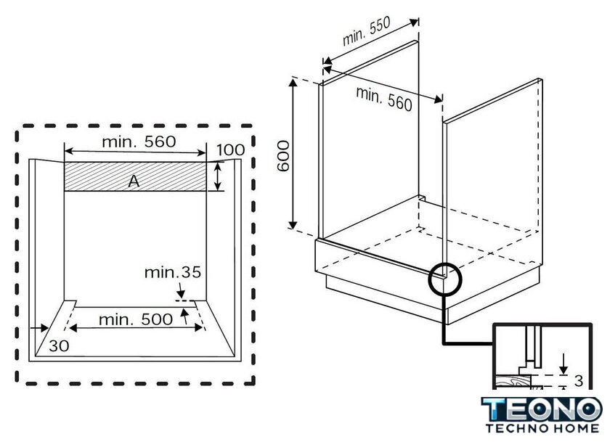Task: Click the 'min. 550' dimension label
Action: [x=367, y=34]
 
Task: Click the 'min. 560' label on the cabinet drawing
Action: [x=384, y=98]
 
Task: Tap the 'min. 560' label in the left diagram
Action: [x=138, y=142]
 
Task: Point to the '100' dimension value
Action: [x=230, y=150]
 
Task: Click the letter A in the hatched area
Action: [x=133, y=182]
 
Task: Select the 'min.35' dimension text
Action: [x=172, y=273]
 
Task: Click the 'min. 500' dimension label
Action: [x=136, y=319]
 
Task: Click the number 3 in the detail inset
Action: [x=578, y=380]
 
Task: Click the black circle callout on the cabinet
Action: [x=444, y=278]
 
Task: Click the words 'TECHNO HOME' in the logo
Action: [x=542, y=429]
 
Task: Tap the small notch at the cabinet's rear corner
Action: [x=421, y=197]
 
